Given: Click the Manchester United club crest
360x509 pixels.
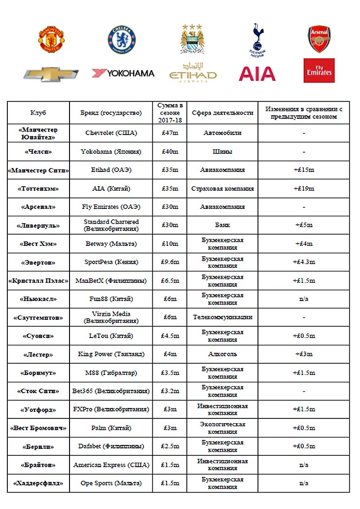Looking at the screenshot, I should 51,39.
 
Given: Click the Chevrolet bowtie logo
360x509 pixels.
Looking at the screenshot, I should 51,74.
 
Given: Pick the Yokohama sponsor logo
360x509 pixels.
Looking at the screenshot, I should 123,73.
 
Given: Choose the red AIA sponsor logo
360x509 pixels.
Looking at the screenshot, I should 257,74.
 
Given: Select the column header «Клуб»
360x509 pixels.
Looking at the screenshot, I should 38,113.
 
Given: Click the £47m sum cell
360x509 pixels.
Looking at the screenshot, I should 169,133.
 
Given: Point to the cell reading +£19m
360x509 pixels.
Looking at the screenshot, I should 304,188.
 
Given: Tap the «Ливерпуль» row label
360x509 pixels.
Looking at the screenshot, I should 38,225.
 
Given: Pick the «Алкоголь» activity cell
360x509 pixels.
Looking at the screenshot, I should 222,354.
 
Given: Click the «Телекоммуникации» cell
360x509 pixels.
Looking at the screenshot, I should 222,317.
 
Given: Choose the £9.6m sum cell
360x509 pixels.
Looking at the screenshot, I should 169,262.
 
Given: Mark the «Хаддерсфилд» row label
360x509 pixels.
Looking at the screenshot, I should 38,483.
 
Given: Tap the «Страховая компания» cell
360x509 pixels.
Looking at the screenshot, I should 222,188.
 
